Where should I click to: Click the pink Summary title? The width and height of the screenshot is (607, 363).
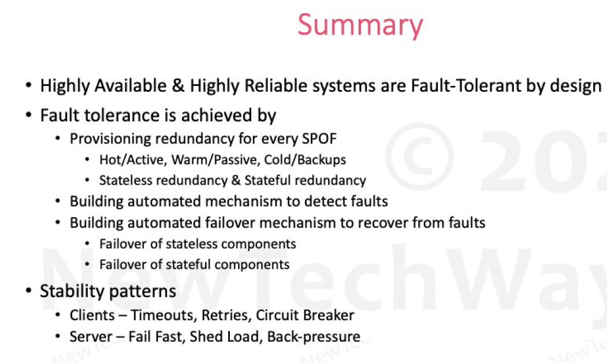coord(360,25)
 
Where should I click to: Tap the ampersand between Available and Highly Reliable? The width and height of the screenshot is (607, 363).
coord(178,85)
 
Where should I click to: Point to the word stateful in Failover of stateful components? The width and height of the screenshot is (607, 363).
coord(188,264)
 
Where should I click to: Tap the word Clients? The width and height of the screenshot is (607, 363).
coord(92,316)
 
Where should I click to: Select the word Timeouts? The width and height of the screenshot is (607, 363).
coord(164,316)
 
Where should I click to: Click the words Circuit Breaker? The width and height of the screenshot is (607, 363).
coord(305,316)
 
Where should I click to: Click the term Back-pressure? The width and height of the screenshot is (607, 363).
coord(314,336)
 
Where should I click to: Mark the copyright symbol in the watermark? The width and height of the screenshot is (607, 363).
coord(419,156)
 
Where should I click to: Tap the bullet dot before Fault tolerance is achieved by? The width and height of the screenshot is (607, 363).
coord(29,115)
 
